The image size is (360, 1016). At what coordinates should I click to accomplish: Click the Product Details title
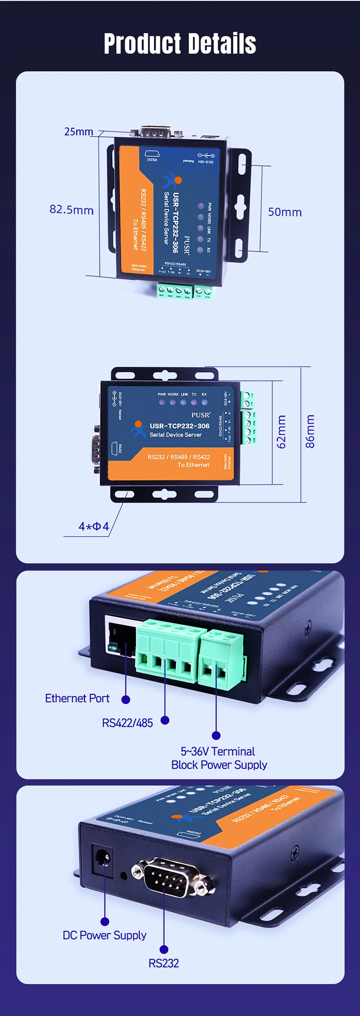[x=180, y=44]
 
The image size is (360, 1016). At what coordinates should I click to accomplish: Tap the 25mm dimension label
[x=79, y=132]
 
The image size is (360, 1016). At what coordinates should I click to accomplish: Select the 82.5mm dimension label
[x=72, y=210]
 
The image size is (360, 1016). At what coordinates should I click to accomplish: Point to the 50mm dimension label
[x=285, y=212]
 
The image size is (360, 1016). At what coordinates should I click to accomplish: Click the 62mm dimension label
[x=281, y=432]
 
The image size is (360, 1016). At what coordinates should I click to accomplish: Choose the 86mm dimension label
[x=311, y=432]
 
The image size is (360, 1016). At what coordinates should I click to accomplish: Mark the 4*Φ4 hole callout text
[x=94, y=526]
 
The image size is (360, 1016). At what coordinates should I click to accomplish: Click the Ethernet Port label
[x=77, y=698]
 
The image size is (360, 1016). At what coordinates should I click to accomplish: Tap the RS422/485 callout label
[x=127, y=723]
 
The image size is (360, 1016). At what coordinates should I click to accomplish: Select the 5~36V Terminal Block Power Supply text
[x=219, y=758]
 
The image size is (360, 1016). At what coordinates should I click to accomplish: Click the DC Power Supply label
[x=104, y=935]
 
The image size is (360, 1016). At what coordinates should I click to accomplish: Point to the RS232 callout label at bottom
[x=164, y=963]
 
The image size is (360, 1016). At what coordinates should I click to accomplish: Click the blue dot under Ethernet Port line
[x=126, y=700]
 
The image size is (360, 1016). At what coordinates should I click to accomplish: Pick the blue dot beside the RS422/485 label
[x=165, y=720]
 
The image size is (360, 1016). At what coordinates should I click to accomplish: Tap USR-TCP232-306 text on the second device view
[x=180, y=426]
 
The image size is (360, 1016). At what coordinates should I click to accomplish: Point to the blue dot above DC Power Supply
[x=105, y=921]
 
